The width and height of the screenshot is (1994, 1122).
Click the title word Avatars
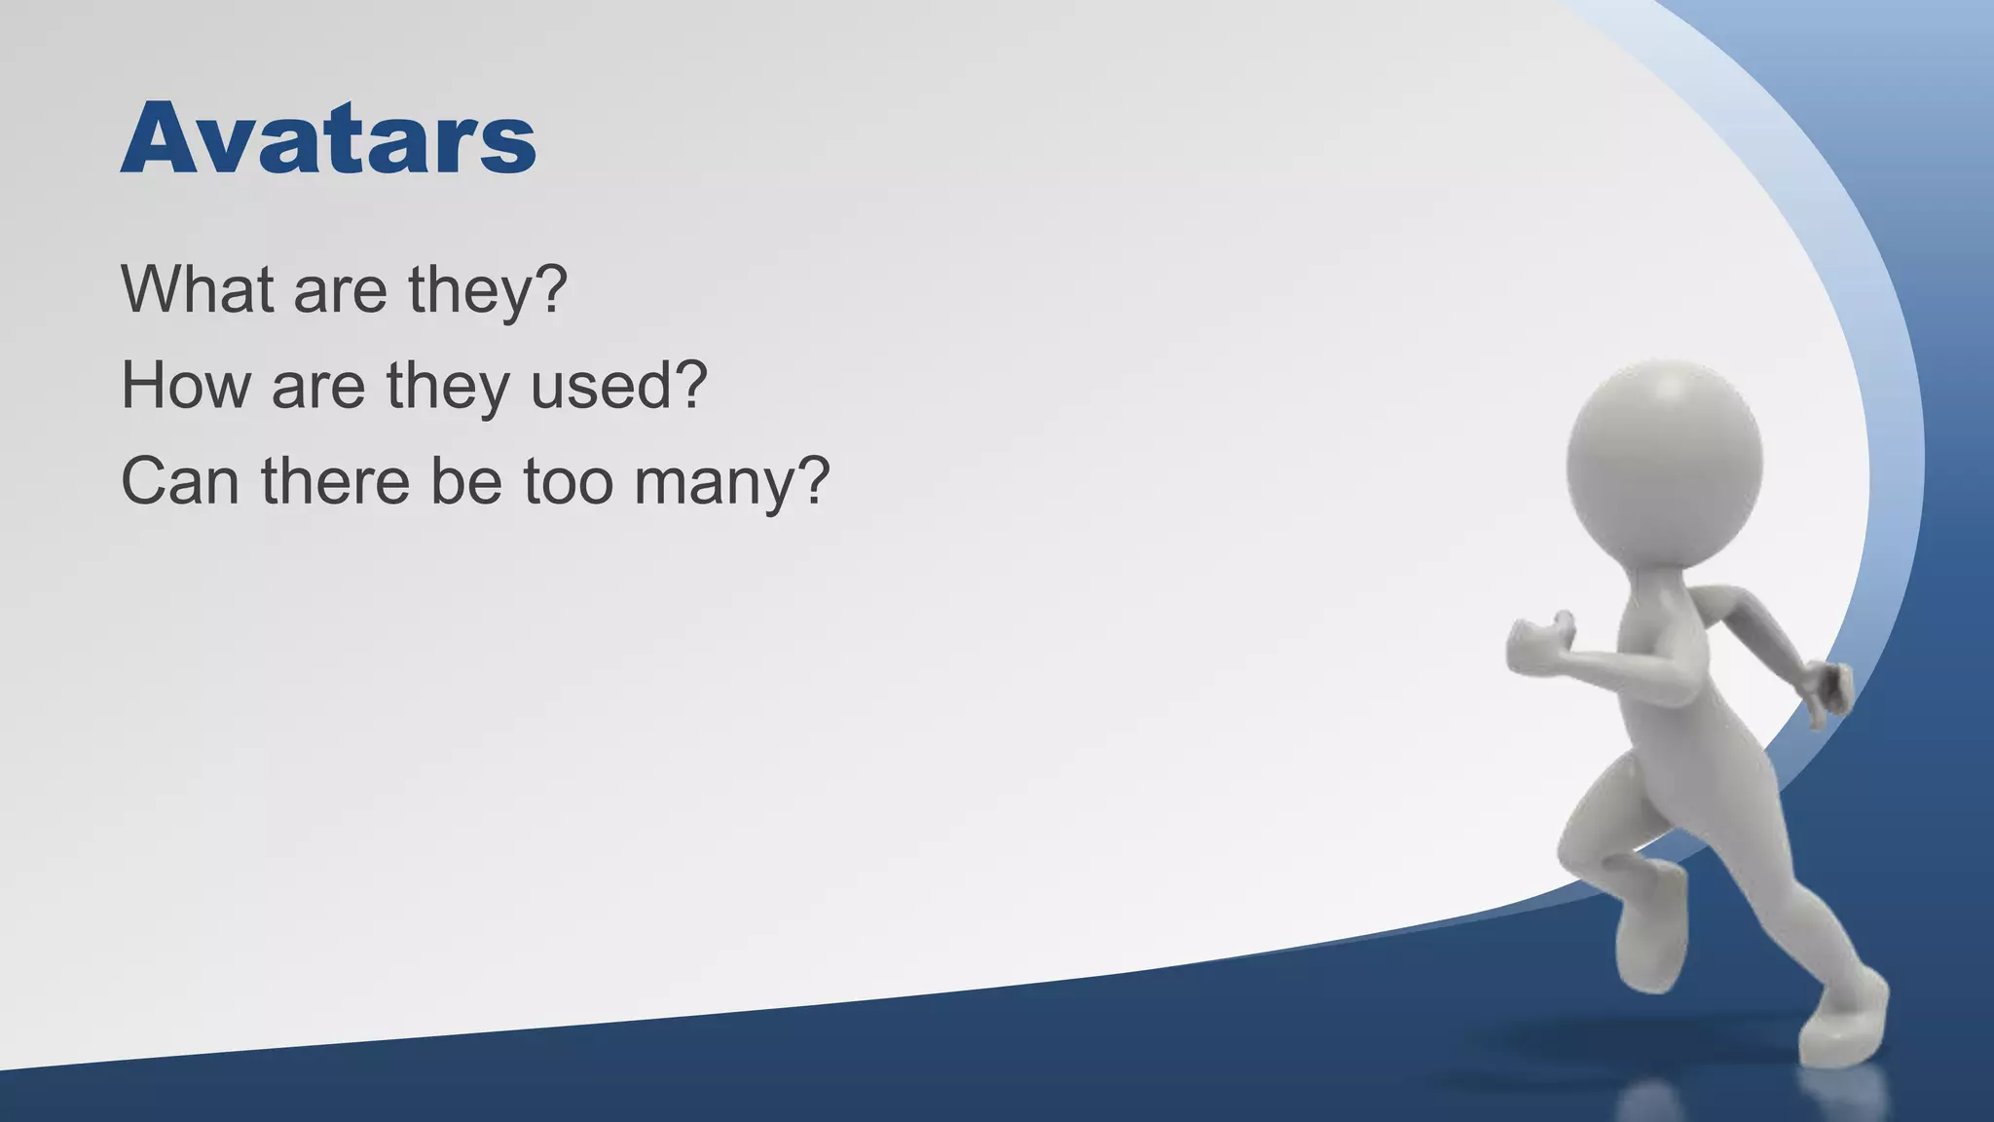(328, 138)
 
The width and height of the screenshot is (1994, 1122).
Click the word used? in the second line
(617, 385)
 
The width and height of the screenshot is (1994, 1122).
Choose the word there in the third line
(335, 480)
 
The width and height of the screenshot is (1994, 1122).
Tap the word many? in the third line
(732, 482)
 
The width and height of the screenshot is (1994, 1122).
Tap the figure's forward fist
(1537, 645)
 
